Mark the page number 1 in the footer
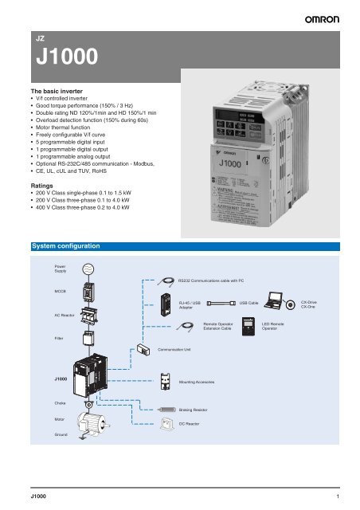pos(338,496)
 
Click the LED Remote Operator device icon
pos(251,330)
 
